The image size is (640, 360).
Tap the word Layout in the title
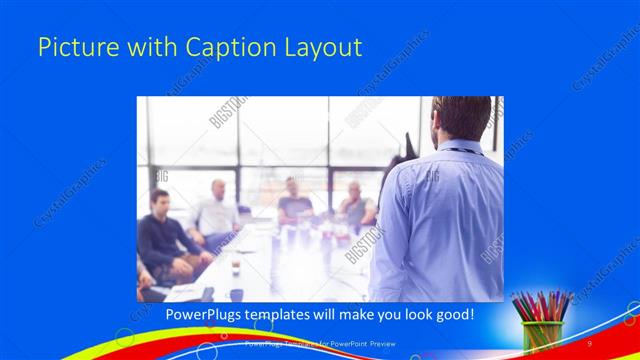323,47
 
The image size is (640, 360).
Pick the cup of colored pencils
542,325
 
